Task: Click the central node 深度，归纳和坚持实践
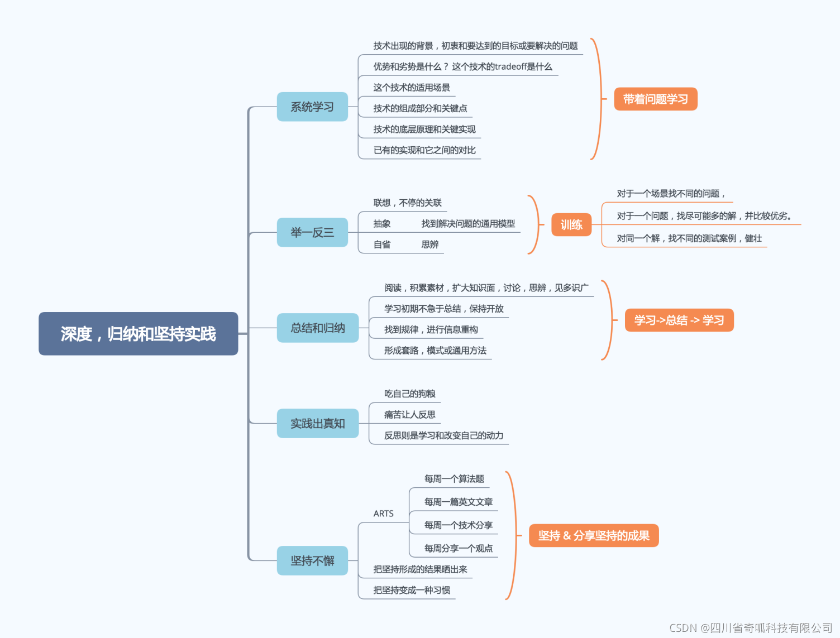coord(138,334)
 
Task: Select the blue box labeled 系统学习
coord(312,107)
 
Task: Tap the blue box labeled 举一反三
coord(312,232)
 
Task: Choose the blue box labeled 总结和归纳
coord(317,328)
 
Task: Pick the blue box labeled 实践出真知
coord(317,424)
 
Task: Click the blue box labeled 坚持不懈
coord(312,560)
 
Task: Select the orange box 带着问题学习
coord(655,99)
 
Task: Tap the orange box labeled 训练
coord(571,225)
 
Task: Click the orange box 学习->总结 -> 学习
coord(679,320)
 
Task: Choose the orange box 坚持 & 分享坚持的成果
coord(594,536)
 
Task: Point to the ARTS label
coord(383,514)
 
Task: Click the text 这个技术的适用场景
coord(412,88)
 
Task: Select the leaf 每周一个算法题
coord(454,479)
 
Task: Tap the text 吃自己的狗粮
coord(409,394)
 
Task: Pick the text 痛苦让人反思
coord(409,415)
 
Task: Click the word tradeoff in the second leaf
coord(510,67)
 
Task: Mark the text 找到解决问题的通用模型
coord(468,224)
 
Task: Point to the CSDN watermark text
coord(751,628)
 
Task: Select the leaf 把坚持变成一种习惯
coord(412,591)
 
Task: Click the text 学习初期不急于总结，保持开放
coord(443,309)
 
